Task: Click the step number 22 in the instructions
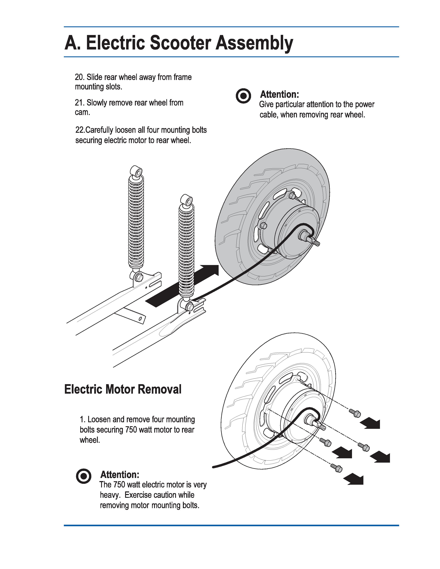tap(80, 130)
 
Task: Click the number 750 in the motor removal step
tap(130, 430)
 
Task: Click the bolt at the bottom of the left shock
tap(139, 278)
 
